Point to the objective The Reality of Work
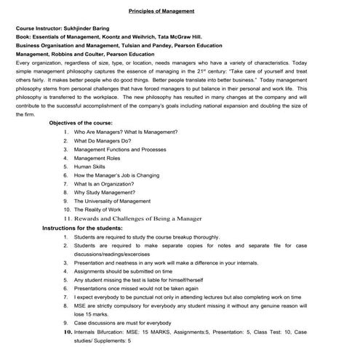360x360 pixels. [x=100, y=209]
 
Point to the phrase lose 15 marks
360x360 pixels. [x=90, y=314]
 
